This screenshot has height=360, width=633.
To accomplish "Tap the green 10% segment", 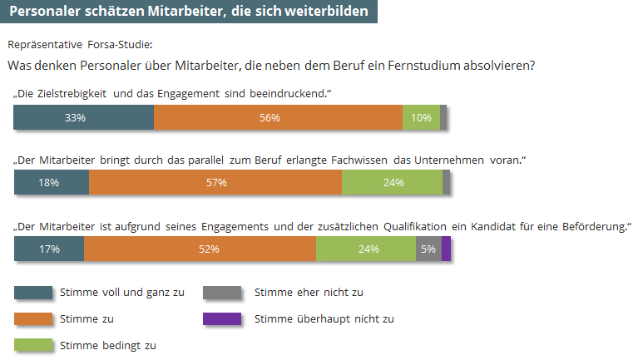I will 421,118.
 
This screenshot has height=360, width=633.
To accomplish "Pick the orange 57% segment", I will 215,183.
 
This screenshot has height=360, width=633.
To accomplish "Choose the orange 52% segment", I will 200,249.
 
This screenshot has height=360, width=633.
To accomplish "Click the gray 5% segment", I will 428,249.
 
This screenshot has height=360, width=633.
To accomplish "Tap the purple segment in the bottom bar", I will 446,249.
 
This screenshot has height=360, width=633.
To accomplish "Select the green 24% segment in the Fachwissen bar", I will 392,183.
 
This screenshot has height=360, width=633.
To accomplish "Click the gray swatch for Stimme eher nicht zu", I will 222,292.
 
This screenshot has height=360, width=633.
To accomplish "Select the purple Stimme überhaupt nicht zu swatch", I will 222,318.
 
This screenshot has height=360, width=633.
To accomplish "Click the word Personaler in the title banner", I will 44,11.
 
